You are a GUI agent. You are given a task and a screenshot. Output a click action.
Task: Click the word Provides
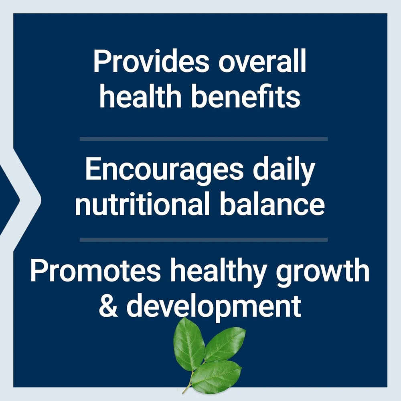click(x=151, y=61)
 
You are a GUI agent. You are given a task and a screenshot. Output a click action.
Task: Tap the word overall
click(x=262, y=61)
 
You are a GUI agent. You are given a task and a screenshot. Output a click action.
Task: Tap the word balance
click(x=272, y=204)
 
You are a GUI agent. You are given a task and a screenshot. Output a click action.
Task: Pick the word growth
click(x=323, y=273)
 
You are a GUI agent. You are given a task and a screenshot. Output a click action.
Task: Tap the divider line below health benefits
click(x=204, y=139)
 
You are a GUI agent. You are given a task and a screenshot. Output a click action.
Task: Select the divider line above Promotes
click(x=204, y=240)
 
